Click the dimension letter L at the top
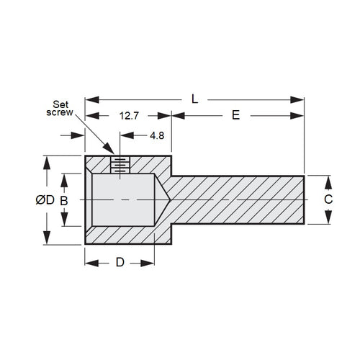194,99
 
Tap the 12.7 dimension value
129,116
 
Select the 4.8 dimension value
157,135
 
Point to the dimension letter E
236,115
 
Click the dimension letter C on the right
328,199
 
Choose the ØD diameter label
45,200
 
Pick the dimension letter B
64,201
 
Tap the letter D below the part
120,262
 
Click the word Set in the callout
60,104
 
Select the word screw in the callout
60,112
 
